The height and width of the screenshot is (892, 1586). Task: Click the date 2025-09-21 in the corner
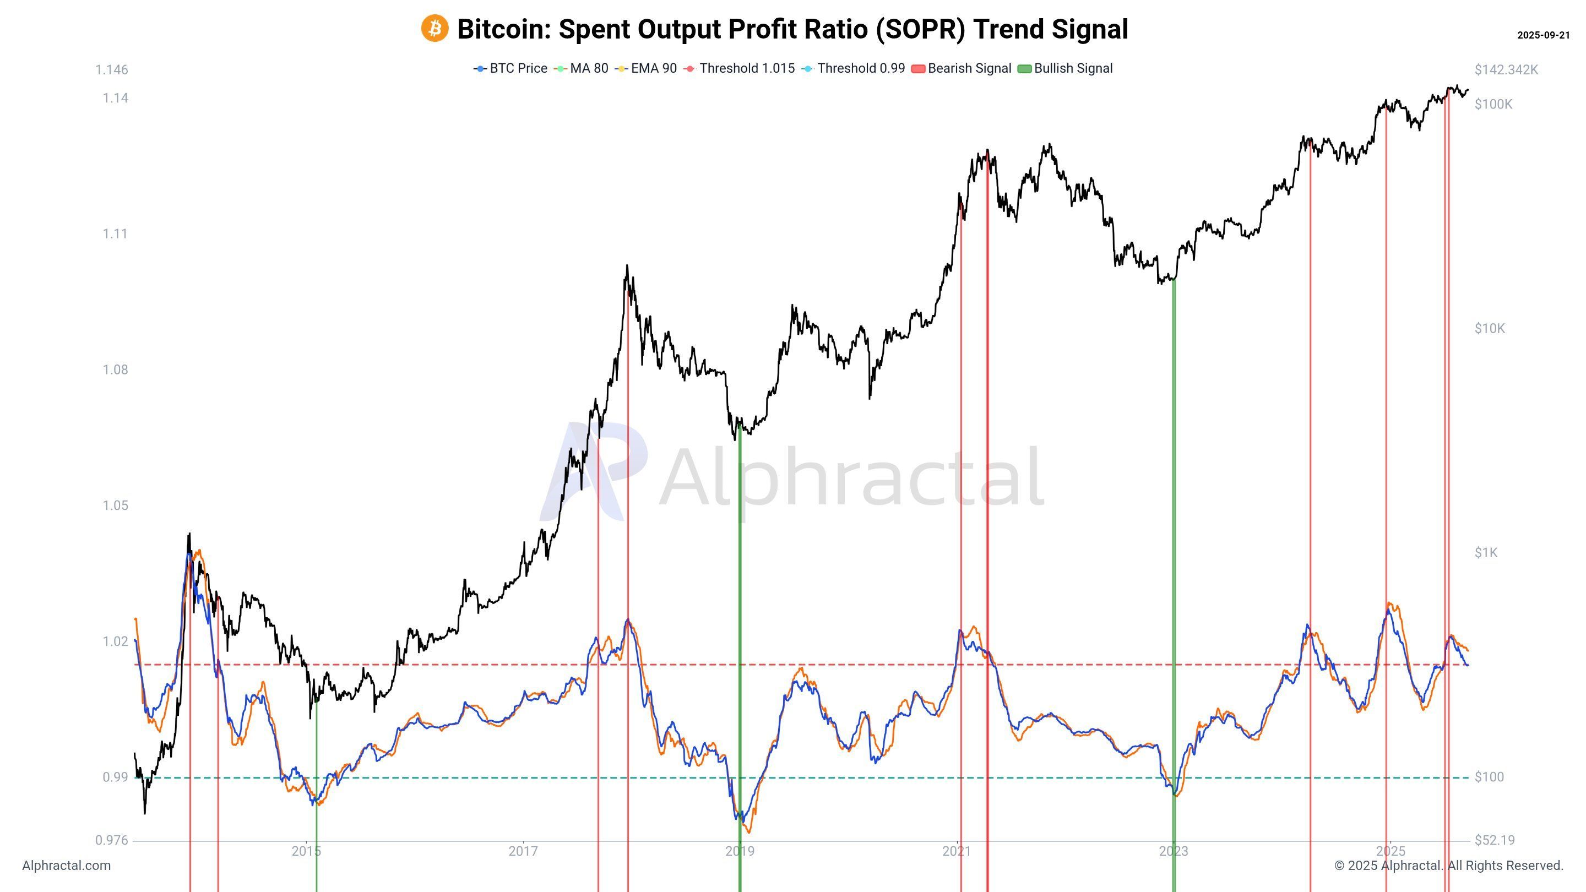[x=1543, y=35]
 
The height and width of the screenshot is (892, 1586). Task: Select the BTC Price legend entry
[x=510, y=68]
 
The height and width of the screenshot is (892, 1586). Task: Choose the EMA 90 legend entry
[x=646, y=68]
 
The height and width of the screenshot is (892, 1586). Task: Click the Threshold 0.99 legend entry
[x=854, y=68]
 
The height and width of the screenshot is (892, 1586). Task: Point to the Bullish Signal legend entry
[x=1066, y=68]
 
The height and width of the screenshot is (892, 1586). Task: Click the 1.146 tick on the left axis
[x=111, y=70]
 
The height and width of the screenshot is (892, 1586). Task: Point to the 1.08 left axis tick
[x=115, y=370]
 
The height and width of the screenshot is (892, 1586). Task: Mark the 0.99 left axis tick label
[x=115, y=777]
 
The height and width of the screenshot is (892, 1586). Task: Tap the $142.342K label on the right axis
[x=1506, y=70]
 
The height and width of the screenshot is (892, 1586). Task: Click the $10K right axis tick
[x=1489, y=329]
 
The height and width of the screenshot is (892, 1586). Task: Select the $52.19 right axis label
[x=1494, y=840]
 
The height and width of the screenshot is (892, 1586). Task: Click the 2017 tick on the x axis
[x=523, y=852]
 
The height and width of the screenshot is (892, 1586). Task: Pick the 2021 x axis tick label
[x=956, y=852]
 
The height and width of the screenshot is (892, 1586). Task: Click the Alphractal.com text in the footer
[x=67, y=866]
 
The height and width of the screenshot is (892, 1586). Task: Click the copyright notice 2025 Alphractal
[x=1448, y=866]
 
